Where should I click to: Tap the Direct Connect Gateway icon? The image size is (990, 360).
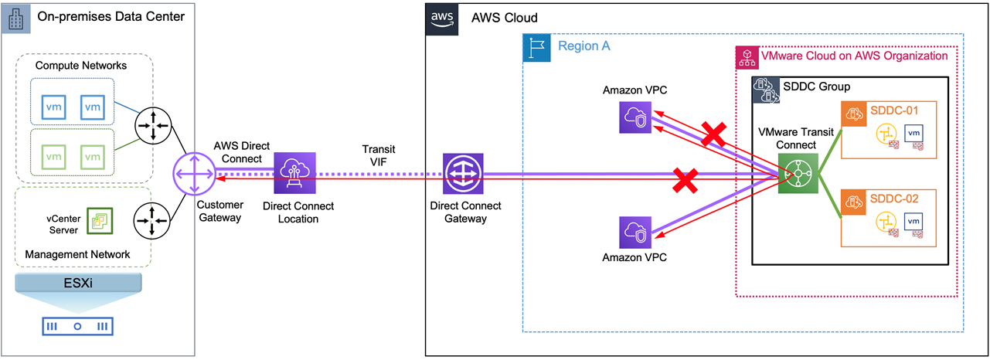463,174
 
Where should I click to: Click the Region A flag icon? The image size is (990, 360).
536,47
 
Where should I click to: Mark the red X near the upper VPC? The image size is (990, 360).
713,133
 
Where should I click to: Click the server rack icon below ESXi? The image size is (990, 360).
77,326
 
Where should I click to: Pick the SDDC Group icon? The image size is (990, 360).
767,91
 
